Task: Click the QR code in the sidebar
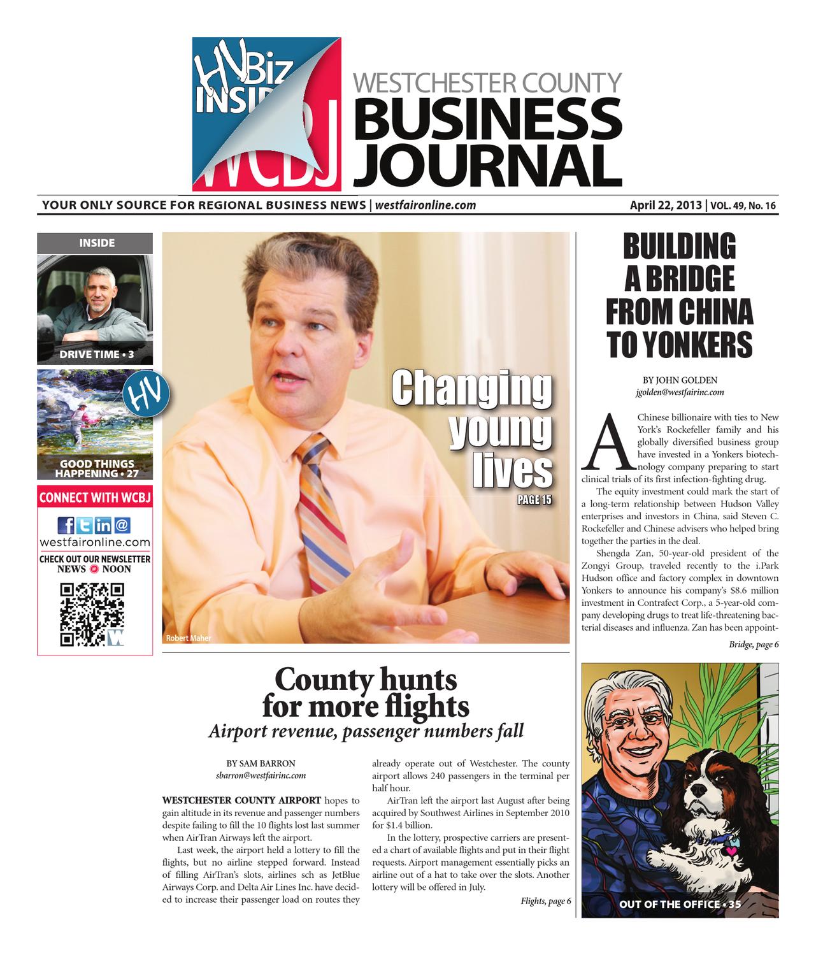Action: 92,614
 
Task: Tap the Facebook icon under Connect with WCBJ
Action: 66,526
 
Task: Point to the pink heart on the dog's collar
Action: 733,850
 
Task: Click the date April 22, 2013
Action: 666,205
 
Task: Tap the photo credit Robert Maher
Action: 188,638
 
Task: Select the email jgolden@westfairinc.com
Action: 680,393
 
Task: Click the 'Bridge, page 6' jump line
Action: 754,645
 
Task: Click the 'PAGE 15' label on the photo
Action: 534,500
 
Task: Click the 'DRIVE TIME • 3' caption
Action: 97,354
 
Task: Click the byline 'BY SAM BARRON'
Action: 261,763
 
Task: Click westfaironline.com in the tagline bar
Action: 426,205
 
